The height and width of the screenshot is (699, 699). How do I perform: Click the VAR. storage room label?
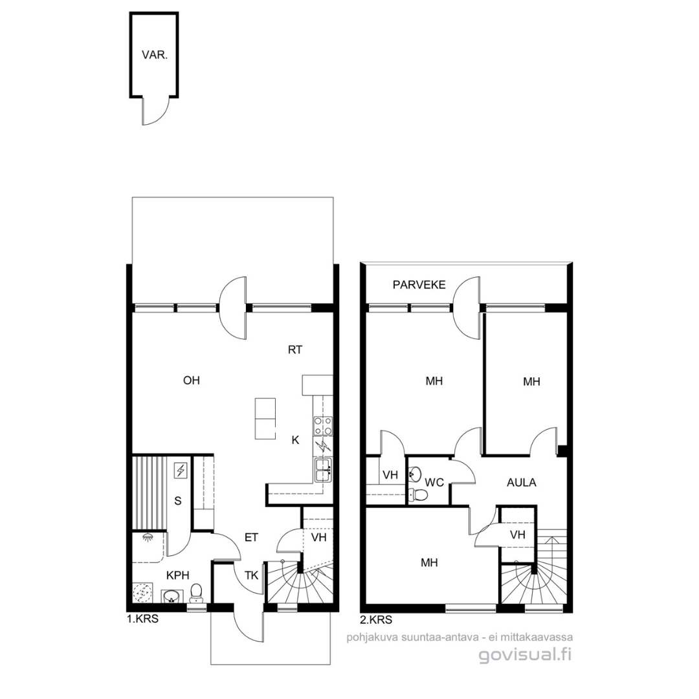155,55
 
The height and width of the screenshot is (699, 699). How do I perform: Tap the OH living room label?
191,381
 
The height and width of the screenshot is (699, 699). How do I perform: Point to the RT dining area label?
295,350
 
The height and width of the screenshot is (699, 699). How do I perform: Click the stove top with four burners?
323,425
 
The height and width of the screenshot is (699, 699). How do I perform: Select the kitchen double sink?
323,470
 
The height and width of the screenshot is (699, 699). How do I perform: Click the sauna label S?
178,501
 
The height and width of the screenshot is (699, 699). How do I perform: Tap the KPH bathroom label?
177,575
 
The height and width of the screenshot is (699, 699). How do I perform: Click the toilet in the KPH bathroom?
195,594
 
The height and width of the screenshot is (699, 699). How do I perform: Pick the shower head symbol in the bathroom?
147,538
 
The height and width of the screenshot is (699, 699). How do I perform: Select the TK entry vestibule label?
251,575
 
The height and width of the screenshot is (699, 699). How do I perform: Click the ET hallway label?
251,537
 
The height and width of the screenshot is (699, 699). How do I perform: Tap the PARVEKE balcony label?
419,285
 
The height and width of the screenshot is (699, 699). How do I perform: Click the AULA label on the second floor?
522,482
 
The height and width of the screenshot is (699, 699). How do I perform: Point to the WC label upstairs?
434,482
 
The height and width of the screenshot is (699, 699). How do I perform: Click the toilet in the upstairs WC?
418,494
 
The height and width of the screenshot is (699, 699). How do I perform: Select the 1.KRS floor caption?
142,619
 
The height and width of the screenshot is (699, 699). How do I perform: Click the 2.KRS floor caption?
376,619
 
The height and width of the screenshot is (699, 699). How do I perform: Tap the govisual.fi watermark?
525,654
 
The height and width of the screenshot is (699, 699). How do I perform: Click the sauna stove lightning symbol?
181,471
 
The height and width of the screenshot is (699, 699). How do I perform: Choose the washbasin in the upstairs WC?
415,474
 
